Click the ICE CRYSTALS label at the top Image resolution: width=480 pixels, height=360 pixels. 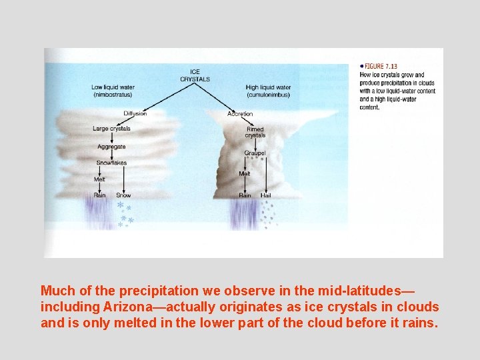(x=195, y=75)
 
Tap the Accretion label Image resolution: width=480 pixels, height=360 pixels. (x=240, y=114)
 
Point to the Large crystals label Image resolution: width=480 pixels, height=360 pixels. (x=111, y=129)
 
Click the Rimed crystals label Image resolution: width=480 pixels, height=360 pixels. (x=255, y=132)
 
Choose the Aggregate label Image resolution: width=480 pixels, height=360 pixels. (x=111, y=147)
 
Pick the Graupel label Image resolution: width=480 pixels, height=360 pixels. (x=255, y=153)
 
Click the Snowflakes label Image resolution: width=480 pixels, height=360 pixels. (x=111, y=163)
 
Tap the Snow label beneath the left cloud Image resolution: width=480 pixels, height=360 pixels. (x=123, y=195)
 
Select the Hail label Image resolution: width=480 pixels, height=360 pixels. (x=265, y=195)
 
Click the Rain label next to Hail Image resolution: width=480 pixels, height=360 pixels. (x=245, y=195)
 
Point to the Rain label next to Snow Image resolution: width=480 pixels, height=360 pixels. (x=99, y=195)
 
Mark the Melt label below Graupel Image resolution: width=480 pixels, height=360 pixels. (x=245, y=173)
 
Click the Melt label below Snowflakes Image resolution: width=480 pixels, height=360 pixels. (x=99, y=179)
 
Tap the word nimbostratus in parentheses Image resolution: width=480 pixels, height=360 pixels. (x=113, y=94)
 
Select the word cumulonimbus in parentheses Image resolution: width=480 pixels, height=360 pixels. (x=268, y=94)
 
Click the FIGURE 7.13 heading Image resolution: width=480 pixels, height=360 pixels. (x=381, y=66)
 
